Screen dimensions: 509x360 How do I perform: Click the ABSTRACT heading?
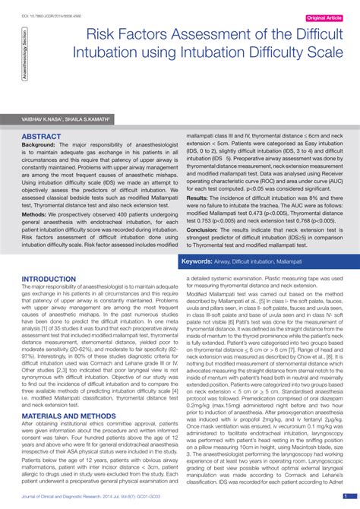41,136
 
